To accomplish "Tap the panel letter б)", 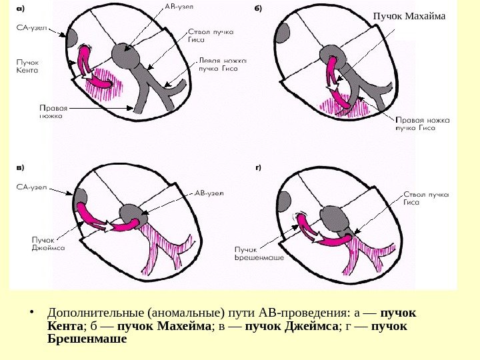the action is click(258, 9).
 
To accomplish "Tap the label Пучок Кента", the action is click(29, 65).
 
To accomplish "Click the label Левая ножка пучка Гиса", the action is click(223, 63).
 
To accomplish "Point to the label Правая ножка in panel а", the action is click(52, 111).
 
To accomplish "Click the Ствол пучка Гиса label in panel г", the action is click(426, 199).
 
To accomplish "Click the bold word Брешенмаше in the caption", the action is click(87, 339).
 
